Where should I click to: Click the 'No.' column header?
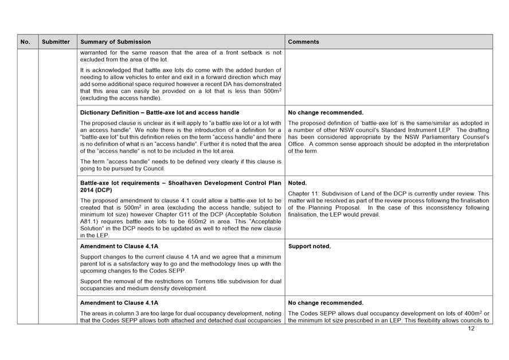click(x=25, y=42)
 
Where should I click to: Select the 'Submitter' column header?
click(x=56, y=42)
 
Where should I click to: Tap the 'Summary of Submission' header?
click(x=116, y=42)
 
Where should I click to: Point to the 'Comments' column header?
click(x=304, y=42)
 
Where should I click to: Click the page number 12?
click(x=471, y=329)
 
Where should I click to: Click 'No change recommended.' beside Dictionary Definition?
click(x=326, y=112)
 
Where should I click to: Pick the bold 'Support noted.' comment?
click(x=310, y=246)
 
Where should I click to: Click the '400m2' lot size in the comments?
click(x=473, y=313)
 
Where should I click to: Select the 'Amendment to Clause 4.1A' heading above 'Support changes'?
click(x=119, y=246)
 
